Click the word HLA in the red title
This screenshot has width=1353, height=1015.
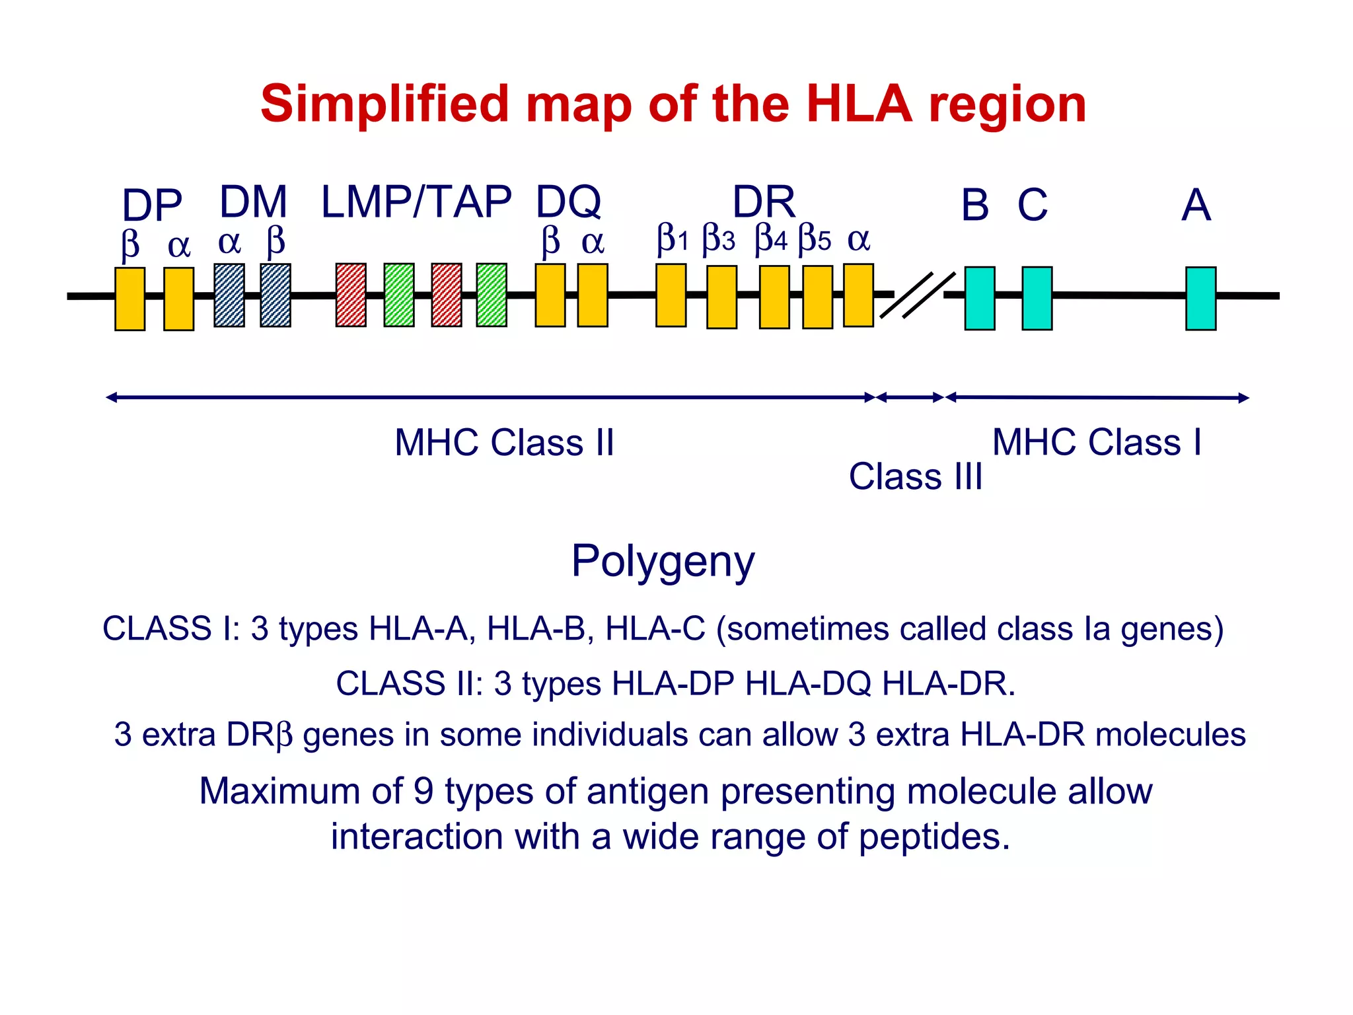859,104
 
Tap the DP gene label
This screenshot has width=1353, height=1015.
152,205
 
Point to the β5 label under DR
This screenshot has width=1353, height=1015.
814,239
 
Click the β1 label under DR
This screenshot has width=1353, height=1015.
673,239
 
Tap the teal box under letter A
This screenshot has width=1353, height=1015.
1200,298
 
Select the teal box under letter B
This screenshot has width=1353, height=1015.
979,298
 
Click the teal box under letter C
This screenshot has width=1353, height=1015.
1037,298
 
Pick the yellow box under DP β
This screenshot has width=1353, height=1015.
129,299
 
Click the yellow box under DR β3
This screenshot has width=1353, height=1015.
721,297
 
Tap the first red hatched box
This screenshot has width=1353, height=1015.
351,295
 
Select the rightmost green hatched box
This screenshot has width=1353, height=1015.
492,295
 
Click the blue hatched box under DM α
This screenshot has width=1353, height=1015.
229,295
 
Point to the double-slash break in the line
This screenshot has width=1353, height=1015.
918,295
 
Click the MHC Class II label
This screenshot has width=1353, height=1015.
504,442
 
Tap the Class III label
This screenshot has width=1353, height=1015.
915,476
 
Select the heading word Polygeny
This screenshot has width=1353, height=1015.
663,561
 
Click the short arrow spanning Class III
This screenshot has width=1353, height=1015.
910,397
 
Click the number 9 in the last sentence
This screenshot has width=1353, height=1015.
423,791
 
